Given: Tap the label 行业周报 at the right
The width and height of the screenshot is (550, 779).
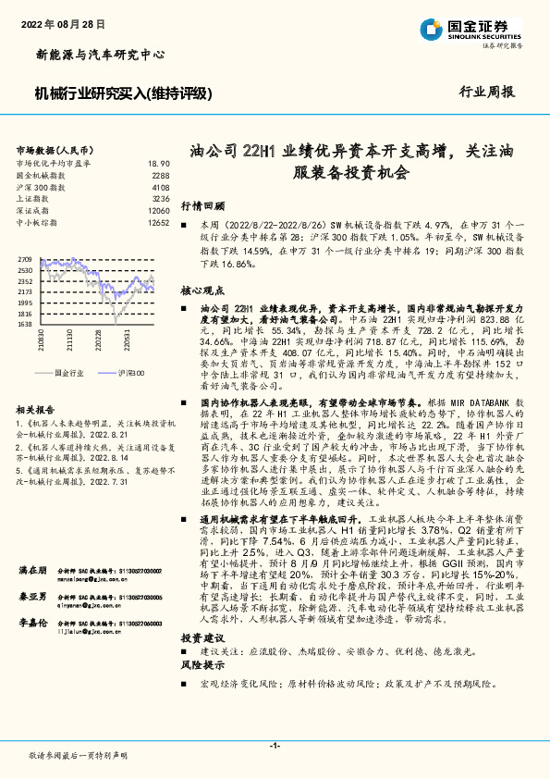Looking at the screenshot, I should (488, 93).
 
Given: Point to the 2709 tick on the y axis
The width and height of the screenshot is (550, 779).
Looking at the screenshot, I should (25, 260).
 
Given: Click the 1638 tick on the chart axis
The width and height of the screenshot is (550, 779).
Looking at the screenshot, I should (25, 325).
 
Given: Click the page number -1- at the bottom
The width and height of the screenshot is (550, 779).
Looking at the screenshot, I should (275, 745).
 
